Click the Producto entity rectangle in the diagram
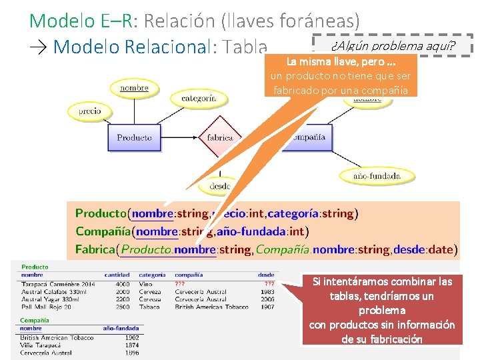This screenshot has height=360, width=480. click(x=134, y=138)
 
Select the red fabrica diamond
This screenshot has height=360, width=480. click(x=219, y=137)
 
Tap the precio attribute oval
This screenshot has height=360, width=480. click(x=89, y=111)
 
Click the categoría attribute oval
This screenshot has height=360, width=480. click(x=199, y=98)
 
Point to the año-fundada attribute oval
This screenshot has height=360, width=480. click(x=377, y=177)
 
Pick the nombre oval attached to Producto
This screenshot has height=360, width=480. click(x=134, y=88)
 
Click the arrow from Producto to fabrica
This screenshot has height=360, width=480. click(x=180, y=138)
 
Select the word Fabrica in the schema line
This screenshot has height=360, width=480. click(x=95, y=250)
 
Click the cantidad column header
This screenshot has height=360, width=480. click(x=117, y=275)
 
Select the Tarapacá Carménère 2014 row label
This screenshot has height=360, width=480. click(x=58, y=284)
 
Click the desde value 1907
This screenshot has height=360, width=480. click(x=267, y=307)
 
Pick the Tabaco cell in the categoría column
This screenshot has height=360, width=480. click(x=149, y=307)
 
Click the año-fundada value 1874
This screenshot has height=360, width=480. click(x=131, y=345)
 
